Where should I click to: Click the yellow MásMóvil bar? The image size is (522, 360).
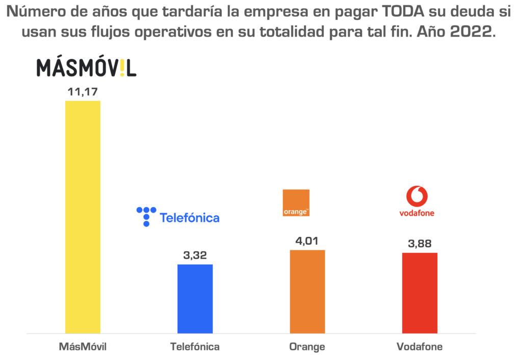tap(83, 217)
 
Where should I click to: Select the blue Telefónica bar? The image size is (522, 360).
tap(195, 299)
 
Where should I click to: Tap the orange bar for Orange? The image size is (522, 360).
tap(307, 292)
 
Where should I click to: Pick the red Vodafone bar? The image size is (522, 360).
tap(420, 293)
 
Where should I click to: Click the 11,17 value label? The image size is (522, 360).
tap(83, 92)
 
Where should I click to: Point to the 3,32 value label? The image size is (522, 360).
tap(195, 255)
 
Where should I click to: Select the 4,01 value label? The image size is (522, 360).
tap(307, 241)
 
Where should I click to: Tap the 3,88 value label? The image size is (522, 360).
tap(420, 243)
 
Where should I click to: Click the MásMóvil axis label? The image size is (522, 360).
tap(83, 347)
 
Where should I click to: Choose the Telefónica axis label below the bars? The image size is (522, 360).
tap(195, 347)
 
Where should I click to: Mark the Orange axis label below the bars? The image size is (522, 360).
tap(307, 347)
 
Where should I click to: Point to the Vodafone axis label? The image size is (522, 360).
tap(420, 347)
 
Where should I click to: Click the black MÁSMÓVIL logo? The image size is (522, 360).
tap(86, 68)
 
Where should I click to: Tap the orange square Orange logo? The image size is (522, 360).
tap(296, 202)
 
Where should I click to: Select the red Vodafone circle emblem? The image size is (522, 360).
tap(417, 196)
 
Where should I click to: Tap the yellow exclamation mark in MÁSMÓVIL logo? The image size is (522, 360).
tap(122, 68)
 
